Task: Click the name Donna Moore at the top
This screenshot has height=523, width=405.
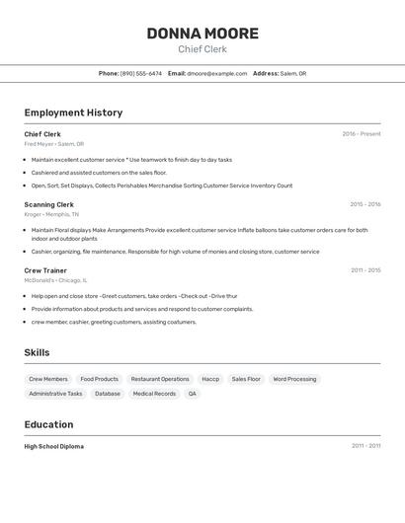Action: [202, 34]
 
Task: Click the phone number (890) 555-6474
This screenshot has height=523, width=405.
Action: [140, 73]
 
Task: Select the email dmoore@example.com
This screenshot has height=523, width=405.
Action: [216, 73]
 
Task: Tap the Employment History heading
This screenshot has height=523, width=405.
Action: [73, 112]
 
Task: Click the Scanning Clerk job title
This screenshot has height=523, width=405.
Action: [48, 204]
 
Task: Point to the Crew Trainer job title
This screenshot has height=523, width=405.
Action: [45, 270]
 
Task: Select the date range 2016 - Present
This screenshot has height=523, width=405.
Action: [361, 134]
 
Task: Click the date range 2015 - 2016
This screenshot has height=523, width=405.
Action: [364, 204]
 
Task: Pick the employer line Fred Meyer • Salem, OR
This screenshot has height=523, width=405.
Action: [54, 144]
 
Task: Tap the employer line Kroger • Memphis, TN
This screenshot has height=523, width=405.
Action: [51, 214]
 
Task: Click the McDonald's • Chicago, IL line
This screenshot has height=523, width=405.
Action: [58, 280]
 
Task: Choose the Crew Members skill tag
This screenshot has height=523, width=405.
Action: [48, 379]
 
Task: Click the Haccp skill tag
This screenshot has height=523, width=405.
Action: [210, 379]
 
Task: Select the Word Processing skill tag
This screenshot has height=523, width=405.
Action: [294, 379]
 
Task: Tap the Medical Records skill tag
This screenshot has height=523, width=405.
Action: [154, 394]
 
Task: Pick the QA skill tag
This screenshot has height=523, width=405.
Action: [193, 394]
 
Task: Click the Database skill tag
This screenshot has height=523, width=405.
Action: [108, 394]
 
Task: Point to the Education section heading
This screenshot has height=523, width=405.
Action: [48, 424]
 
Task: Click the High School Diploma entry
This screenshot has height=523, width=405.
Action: [54, 446]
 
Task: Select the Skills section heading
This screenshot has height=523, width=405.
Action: [37, 352]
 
